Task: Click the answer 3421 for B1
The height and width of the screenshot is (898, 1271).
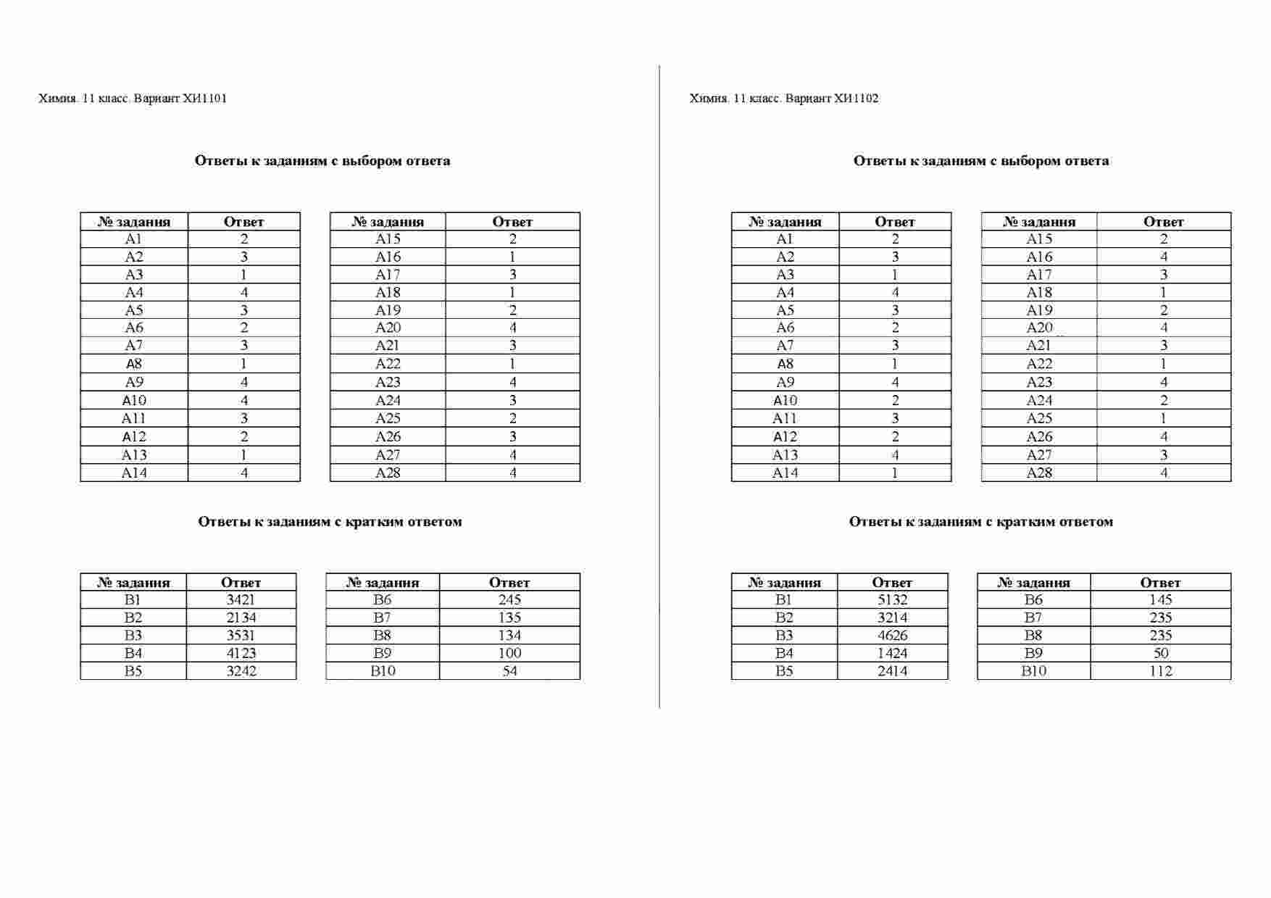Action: point(241,600)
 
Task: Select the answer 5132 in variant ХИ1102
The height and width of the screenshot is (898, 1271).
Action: point(892,600)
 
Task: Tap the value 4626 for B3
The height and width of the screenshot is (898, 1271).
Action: point(892,636)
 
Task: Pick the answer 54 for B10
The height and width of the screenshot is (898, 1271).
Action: point(509,671)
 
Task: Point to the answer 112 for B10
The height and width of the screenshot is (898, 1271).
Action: point(1160,671)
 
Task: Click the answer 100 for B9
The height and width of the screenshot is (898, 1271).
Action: point(509,653)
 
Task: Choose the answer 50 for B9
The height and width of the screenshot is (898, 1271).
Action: point(1160,653)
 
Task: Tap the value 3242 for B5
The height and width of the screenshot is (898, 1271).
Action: point(241,671)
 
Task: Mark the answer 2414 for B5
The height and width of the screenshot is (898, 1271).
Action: point(892,671)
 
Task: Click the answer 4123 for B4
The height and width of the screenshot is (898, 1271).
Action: point(241,653)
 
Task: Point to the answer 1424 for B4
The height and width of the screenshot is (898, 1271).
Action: point(892,653)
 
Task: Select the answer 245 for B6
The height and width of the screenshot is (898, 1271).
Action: point(509,600)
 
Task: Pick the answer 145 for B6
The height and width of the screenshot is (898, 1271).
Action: point(1160,600)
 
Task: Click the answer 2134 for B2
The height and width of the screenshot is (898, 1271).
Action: point(241,618)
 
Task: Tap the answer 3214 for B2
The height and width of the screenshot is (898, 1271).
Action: point(892,618)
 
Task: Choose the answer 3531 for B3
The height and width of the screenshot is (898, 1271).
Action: point(241,636)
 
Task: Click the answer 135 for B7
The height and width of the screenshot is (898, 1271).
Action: point(509,618)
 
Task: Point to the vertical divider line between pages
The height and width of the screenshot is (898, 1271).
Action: point(659,384)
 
